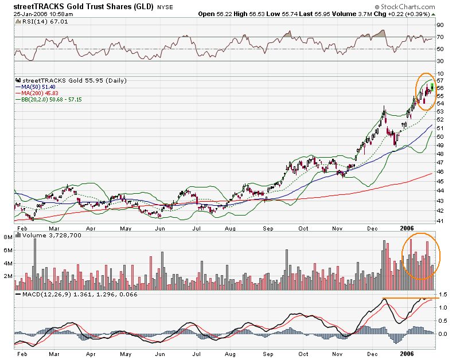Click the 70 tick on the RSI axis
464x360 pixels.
tap(440, 37)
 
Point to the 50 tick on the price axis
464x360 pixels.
tap(440, 136)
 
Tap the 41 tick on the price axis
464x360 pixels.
tap(440, 221)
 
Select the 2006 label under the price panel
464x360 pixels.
tap(407, 227)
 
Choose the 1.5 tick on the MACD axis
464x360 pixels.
tap(442, 295)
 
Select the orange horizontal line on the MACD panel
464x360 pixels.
tap(411, 299)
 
